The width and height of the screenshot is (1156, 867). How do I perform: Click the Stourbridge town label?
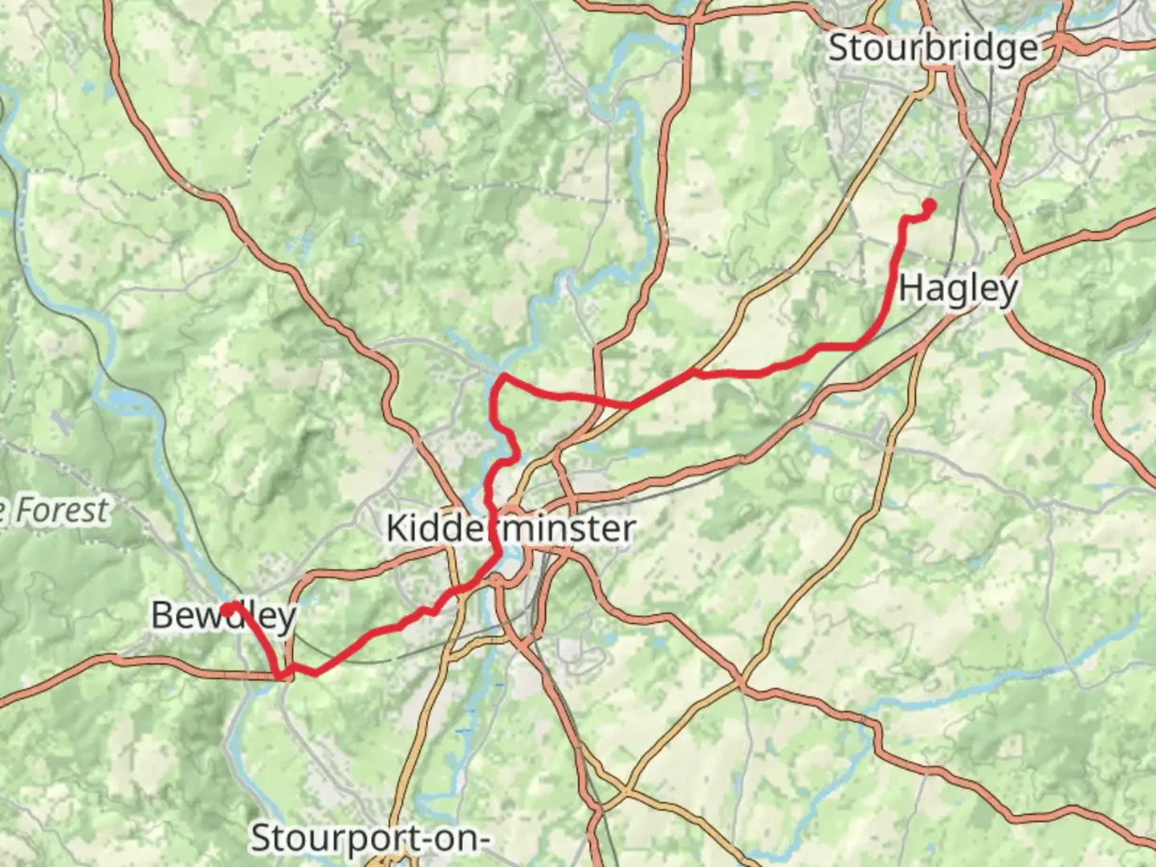click(933, 48)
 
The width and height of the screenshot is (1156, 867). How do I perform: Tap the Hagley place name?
click(958, 287)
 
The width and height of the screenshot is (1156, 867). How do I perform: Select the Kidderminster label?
click(511, 528)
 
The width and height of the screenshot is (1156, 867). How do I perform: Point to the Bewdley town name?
click(224, 615)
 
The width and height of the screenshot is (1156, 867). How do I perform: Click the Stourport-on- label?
click(370, 838)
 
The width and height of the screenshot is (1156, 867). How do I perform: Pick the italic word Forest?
click(61, 511)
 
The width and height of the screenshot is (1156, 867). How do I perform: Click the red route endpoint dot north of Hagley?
click(930, 206)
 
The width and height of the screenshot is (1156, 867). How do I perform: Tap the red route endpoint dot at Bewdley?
click(228, 610)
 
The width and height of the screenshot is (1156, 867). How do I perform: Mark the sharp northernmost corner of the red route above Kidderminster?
click(502, 376)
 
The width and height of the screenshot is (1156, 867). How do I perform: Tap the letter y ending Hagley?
click(1008, 291)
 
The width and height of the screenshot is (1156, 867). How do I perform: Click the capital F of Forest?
click(25, 511)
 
